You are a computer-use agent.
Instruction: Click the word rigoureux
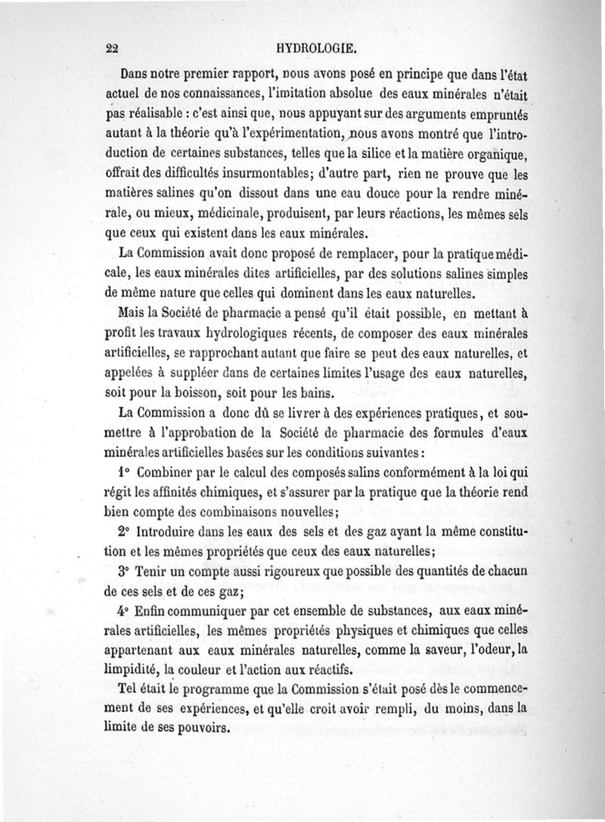pyautogui.click(x=290, y=571)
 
